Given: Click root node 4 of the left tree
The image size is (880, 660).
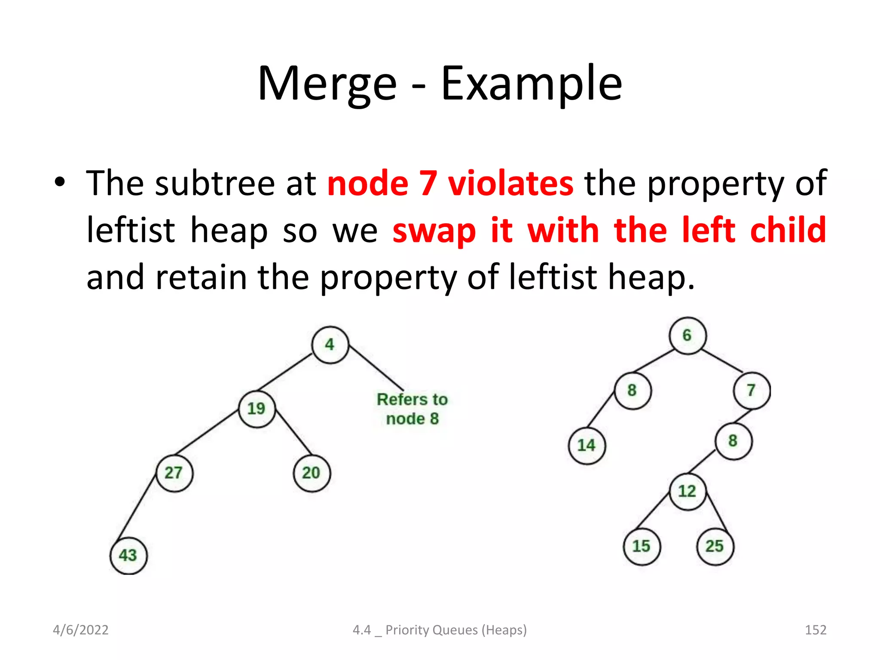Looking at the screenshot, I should click(330, 345).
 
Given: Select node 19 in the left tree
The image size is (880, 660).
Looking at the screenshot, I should click(257, 409).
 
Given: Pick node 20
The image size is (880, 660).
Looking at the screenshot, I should click(312, 474).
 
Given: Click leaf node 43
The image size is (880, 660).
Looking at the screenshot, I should click(128, 556).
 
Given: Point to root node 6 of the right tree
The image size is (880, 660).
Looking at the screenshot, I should click(687, 336).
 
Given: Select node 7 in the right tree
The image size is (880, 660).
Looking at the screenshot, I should click(752, 391).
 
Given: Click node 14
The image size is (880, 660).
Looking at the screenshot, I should click(587, 446).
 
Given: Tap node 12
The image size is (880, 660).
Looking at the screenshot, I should click(687, 492).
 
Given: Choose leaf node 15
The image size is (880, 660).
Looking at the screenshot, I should click(642, 547).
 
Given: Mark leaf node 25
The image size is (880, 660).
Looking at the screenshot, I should click(715, 547).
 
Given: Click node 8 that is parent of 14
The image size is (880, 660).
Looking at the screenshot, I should click(632, 391).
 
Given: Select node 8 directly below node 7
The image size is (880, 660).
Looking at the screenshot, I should click(733, 441).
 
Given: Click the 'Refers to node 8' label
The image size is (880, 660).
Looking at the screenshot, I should click(412, 409).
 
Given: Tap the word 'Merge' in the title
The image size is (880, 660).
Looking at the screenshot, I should click(327, 84).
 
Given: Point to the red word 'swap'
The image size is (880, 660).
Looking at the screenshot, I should click(434, 231).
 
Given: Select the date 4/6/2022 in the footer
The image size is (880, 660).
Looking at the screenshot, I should click(80, 630).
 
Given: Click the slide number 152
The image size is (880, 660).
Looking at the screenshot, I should click(815, 630).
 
